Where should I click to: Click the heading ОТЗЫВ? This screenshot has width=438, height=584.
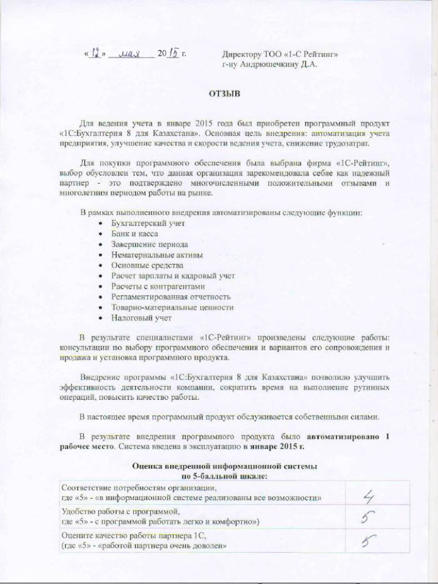pyautogui.click(x=220, y=94)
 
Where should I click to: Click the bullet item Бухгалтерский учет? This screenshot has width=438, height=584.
pyautogui.click(x=148, y=223)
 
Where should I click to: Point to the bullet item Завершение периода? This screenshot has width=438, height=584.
pyautogui.click(x=150, y=244)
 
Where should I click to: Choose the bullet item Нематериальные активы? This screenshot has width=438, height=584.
pyautogui.click(x=156, y=255)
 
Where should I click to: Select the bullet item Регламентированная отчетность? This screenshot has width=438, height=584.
pyautogui.click(x=171, y=297)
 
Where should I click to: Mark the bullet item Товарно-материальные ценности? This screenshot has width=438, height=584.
pyautogui.click(x=172, y=308)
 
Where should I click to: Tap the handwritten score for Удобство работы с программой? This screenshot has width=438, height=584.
pyautogui.click(x=364, y=518)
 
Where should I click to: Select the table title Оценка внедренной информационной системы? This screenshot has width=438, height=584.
pyautogui.click(x=225, y=467)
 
